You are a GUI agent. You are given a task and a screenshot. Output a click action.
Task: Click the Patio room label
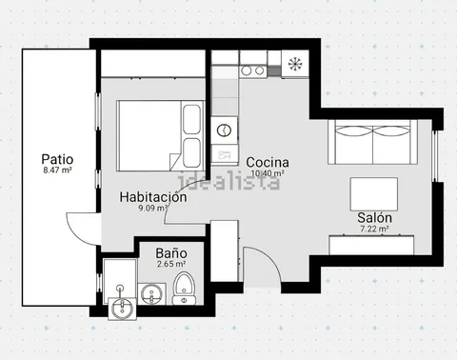[57, 159]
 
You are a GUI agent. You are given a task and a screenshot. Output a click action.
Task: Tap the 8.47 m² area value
[57, 170]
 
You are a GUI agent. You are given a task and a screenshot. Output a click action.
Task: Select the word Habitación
[153, 197]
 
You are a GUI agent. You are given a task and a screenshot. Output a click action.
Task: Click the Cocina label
[268, 162]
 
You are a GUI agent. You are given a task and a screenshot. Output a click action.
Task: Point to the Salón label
[374, 218]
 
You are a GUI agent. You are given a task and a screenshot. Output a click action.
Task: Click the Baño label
[171, 253]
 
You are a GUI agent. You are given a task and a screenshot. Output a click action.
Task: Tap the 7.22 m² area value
[374, 229]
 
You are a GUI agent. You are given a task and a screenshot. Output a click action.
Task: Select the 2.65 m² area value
[171, 264]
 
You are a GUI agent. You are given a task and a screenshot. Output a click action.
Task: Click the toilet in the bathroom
[184, 289]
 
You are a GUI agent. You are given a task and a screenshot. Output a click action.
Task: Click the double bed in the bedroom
[160, 136]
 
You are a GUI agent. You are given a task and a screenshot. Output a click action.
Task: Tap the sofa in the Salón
[372, 142]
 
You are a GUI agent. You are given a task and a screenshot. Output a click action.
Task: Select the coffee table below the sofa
[374, 194]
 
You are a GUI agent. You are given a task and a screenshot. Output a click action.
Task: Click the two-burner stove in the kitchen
[252, 70]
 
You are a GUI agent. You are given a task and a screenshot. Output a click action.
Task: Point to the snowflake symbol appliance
[295, 64]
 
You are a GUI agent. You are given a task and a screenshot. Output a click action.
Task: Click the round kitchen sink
[224, 130]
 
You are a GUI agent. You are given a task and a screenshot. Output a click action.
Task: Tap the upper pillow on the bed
[191, 119]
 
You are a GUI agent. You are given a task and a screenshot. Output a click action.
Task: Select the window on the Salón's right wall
[435, 155]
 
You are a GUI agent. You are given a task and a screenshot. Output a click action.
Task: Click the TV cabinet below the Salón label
[371, 245]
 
